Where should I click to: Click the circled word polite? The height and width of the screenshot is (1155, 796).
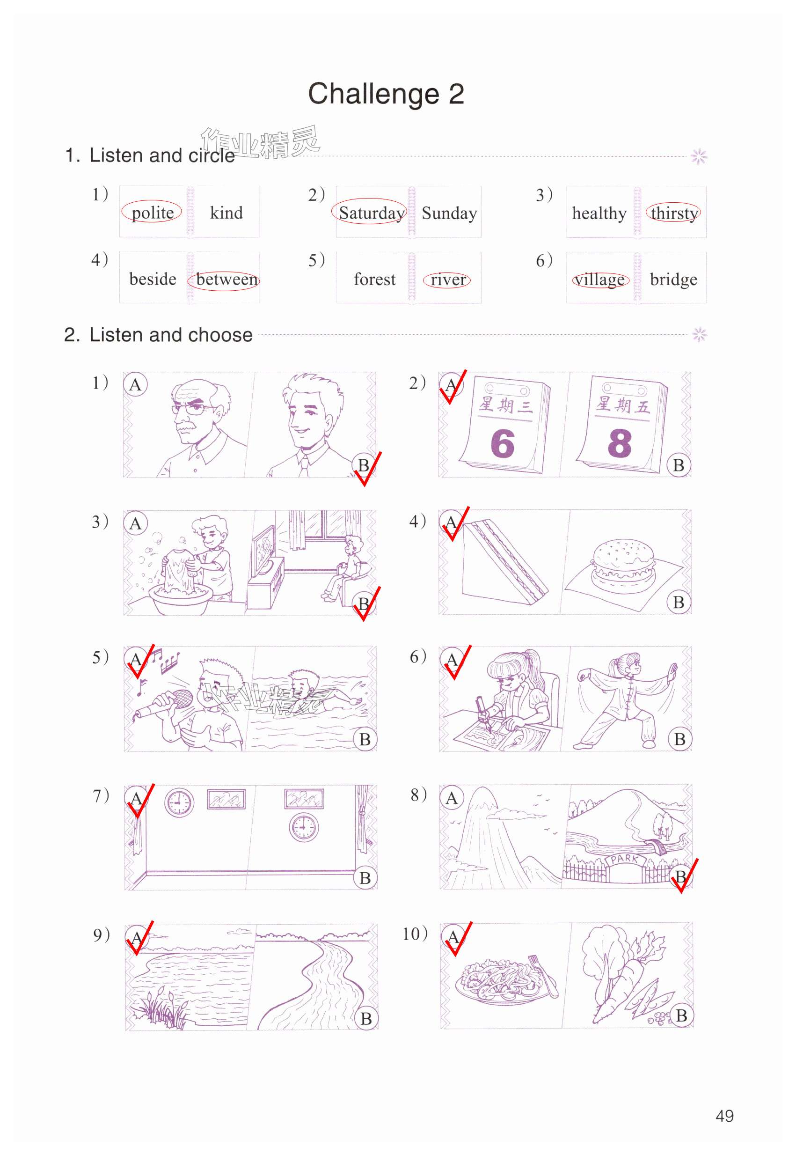(153, 213)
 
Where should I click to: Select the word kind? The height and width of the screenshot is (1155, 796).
(226, 213)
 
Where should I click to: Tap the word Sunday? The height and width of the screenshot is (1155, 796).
(449, 213)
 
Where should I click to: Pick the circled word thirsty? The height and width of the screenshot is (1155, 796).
(674, 213)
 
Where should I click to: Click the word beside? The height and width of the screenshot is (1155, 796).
(153, 279)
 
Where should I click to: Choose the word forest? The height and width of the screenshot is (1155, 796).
(374, 280)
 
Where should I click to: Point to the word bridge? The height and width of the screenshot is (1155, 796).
(673, 280)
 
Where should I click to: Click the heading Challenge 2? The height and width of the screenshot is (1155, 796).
(386, 94)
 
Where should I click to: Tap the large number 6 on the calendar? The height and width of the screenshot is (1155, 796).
(502, 443)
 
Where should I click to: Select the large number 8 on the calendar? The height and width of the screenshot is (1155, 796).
(620, 442)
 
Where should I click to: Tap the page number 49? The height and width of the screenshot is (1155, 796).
(724, 1116)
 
